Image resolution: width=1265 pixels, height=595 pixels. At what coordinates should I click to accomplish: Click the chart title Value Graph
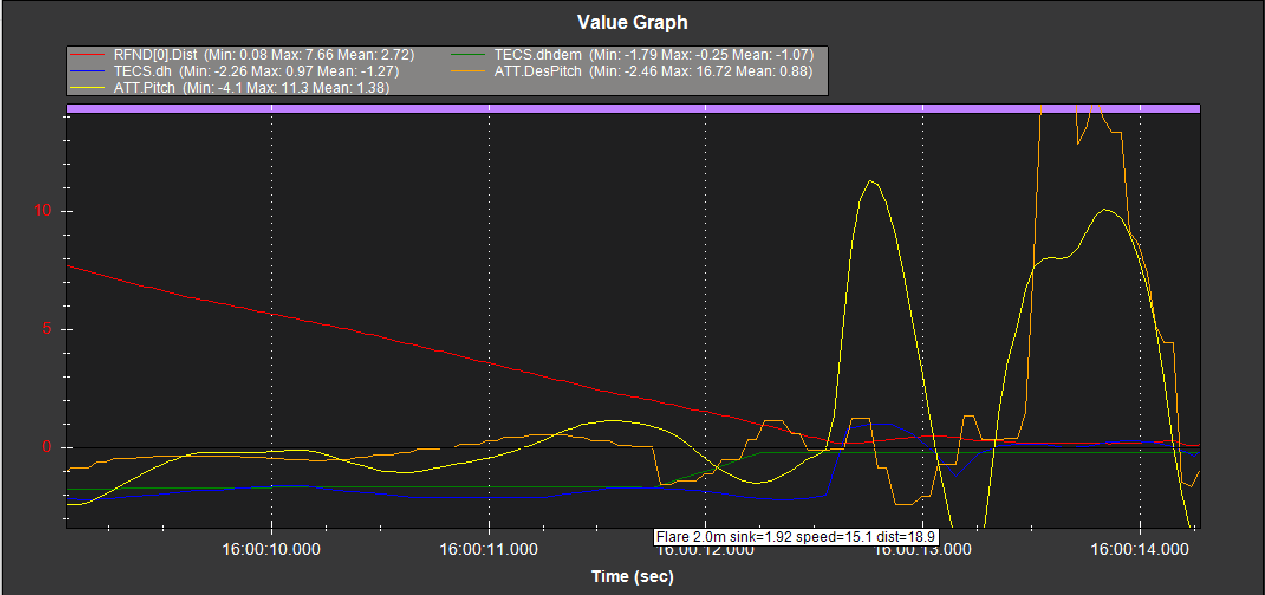tap(632, 22)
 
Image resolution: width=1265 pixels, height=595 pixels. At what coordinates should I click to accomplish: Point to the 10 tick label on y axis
tap(43, 210)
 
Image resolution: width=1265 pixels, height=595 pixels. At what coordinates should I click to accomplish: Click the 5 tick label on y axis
tap(47, 329)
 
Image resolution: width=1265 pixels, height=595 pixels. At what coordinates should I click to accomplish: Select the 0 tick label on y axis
tap(47, 447)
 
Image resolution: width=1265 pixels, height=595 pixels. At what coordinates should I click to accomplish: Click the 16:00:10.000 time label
tap(271, 550)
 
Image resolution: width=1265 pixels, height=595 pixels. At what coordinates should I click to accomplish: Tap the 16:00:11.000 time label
tap(489, 550)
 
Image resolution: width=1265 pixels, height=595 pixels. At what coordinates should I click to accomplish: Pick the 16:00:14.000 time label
tap(1140, 550)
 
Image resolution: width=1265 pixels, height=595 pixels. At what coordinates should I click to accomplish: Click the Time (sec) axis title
tap(632, 577)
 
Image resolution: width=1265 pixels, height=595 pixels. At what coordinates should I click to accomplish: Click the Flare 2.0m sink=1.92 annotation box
tap(796, 537)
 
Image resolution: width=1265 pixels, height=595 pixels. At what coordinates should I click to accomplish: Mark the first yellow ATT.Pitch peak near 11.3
tap(870, 181)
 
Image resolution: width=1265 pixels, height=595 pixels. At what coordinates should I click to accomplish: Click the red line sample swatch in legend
tap(87, 55)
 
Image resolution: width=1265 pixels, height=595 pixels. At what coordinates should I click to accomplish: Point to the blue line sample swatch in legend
tap(87, 71)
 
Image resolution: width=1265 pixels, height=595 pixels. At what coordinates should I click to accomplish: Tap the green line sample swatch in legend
tap(468, 55)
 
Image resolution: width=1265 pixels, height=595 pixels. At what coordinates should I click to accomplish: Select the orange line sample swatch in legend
tap(468, 71)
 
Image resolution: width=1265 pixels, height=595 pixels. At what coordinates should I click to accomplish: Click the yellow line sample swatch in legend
tap(87, 88)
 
